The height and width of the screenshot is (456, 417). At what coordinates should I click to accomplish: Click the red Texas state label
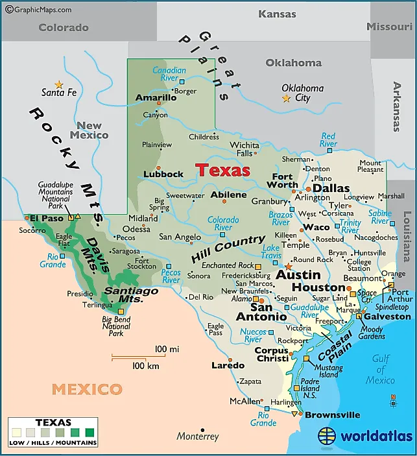(223, 170)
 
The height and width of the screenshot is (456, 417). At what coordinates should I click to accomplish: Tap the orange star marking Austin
(289, 266)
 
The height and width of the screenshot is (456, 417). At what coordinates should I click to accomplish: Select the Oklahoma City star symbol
(286, 99)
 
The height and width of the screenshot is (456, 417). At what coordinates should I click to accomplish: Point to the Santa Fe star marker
(59, 84)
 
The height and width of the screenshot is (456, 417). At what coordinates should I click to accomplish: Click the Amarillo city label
(156, 98)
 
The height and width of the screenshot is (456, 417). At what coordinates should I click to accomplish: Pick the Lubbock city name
(163, 174)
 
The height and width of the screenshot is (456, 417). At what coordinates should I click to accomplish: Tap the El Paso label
(47, 218)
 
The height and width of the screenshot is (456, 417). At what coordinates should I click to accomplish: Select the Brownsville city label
(332, 415)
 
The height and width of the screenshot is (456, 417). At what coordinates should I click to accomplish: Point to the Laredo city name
(228, 365)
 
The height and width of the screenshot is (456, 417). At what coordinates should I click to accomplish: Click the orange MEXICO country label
(87, 389)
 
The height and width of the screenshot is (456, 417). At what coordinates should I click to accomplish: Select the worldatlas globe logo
(328, 436)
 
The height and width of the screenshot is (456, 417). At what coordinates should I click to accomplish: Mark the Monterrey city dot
(202, 429)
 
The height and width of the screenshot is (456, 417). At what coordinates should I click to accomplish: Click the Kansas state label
(277, 14)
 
